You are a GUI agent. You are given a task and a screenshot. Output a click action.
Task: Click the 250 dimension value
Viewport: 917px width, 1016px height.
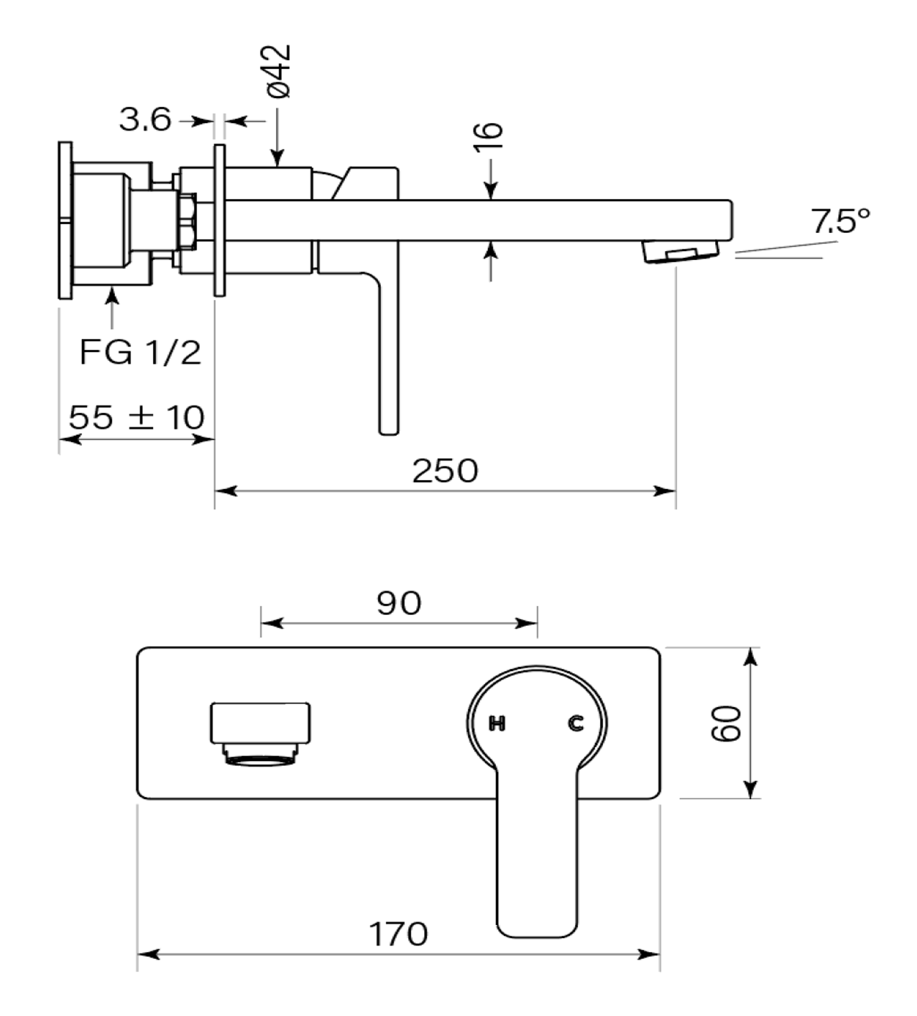[x=445, y=471]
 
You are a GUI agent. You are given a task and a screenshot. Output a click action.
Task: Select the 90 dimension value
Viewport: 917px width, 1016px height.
[x=399, y=603]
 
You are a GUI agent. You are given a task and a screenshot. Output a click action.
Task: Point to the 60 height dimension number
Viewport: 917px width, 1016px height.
[x=726, y=723]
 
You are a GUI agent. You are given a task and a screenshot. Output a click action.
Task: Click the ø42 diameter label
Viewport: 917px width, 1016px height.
[x=279, y=71]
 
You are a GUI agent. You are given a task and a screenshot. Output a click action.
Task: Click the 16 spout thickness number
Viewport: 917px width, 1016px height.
[x=488, y=136]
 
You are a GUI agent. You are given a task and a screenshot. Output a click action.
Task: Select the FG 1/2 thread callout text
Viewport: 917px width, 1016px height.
[x=140, y=352]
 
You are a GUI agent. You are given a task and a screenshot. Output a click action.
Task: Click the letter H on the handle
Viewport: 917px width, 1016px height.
[x=497, y=724]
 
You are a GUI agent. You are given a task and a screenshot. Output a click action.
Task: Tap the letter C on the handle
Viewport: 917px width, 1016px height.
[x=576, y=724]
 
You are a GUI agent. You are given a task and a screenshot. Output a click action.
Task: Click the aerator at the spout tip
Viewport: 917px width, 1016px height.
[x=680, y=251]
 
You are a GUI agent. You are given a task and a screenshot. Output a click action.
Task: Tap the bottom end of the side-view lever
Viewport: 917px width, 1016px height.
[x=388, y=432]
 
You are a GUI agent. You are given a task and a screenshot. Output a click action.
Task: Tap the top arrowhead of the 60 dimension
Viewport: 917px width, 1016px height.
[x=750, y=659]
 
